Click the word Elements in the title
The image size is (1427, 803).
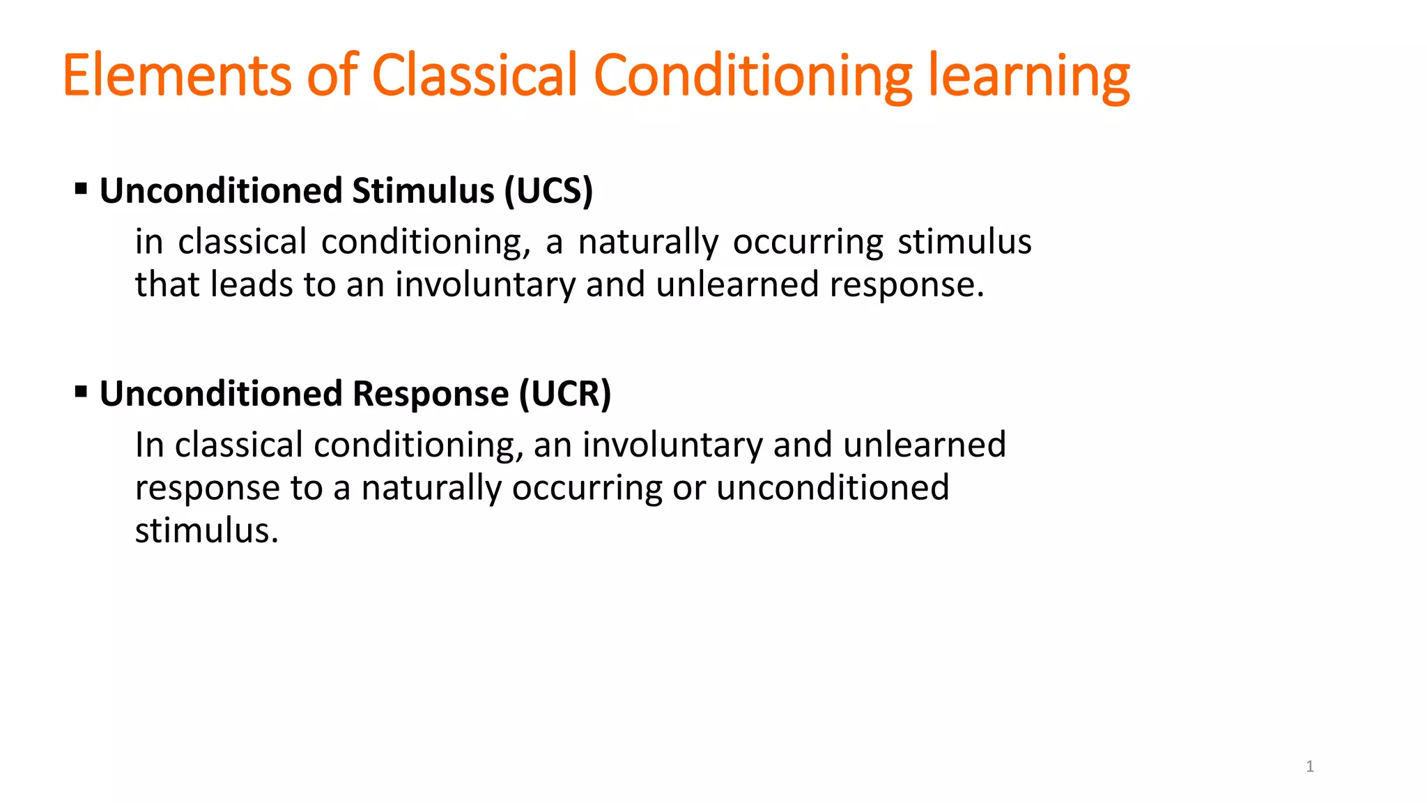(x=176, y=75)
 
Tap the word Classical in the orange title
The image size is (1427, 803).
(x=475, y=75)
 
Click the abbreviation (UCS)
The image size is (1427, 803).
(x=548, y=191)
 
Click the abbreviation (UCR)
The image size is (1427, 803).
(x=565, y=394)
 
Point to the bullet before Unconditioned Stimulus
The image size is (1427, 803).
(x=81, y=189)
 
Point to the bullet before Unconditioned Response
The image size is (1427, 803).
(x=81, y=392)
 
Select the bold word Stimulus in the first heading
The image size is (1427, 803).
(x=424, y=191)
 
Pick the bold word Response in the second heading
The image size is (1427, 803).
(x=431, y=394)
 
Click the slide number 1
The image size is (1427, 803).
(x=1310, y=767)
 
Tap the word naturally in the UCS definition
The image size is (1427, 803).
(x=648, y=243)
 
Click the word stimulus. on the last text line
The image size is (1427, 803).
(x=207, y=530)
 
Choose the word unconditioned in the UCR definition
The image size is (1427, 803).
(x=833, y=488)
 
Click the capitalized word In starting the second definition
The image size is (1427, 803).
(x=150, y=445)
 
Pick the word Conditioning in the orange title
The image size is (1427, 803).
(x=753, y=75)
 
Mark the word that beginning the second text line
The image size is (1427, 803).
(x=168, y=285)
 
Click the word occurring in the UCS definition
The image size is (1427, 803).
(x=808, y=243)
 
